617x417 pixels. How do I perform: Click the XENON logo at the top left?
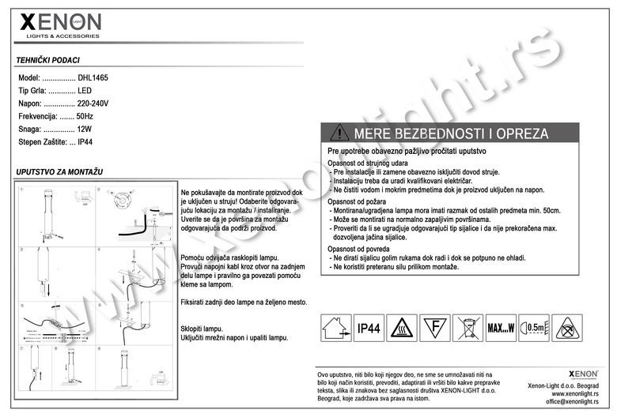tap(60, 24)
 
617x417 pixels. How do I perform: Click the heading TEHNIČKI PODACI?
tap(47, 60)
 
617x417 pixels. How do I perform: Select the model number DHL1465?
tap(93, 78)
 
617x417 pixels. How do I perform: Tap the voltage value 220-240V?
tap(93, 103)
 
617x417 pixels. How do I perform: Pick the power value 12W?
tap(85, 129)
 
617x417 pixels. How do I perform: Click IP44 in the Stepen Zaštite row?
tap(85, 141)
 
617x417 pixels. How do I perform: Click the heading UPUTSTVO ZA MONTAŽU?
tap(59, 171)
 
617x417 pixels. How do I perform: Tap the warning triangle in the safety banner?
tap(339, 133)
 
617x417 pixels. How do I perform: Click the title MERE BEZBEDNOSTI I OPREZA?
tap(451, 133)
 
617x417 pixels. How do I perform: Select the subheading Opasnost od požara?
tap(358, 202)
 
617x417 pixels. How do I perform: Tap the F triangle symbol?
tap(433, 327)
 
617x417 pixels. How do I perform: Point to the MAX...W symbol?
tap(501, 327)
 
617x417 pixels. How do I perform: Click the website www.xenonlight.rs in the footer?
tap(574, 393)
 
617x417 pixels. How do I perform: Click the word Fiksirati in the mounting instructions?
tap(194, 302)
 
